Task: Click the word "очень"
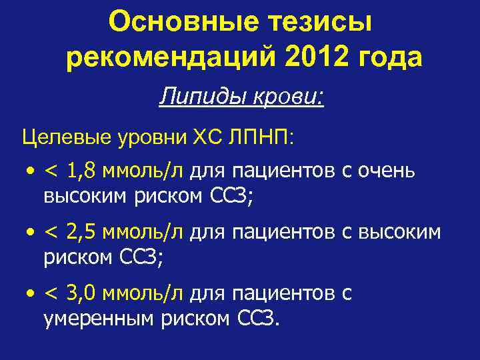click(387, 172)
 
